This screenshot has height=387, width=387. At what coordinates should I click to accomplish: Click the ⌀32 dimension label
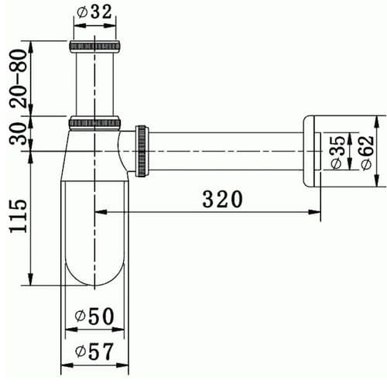[95, 12]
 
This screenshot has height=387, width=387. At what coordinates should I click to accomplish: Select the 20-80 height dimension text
[17, 74]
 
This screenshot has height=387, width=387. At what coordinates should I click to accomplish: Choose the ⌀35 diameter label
[337, 152]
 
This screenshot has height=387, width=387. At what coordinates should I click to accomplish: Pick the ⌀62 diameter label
[363, 152]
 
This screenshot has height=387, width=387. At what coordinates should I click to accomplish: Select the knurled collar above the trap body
[95, 122]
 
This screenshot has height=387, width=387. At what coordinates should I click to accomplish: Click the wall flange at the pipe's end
[312, 151]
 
